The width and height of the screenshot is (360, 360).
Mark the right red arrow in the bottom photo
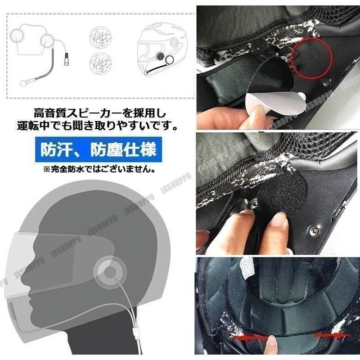(x=331, y=336)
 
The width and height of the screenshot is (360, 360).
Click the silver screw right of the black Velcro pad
(x=310, y=231)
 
